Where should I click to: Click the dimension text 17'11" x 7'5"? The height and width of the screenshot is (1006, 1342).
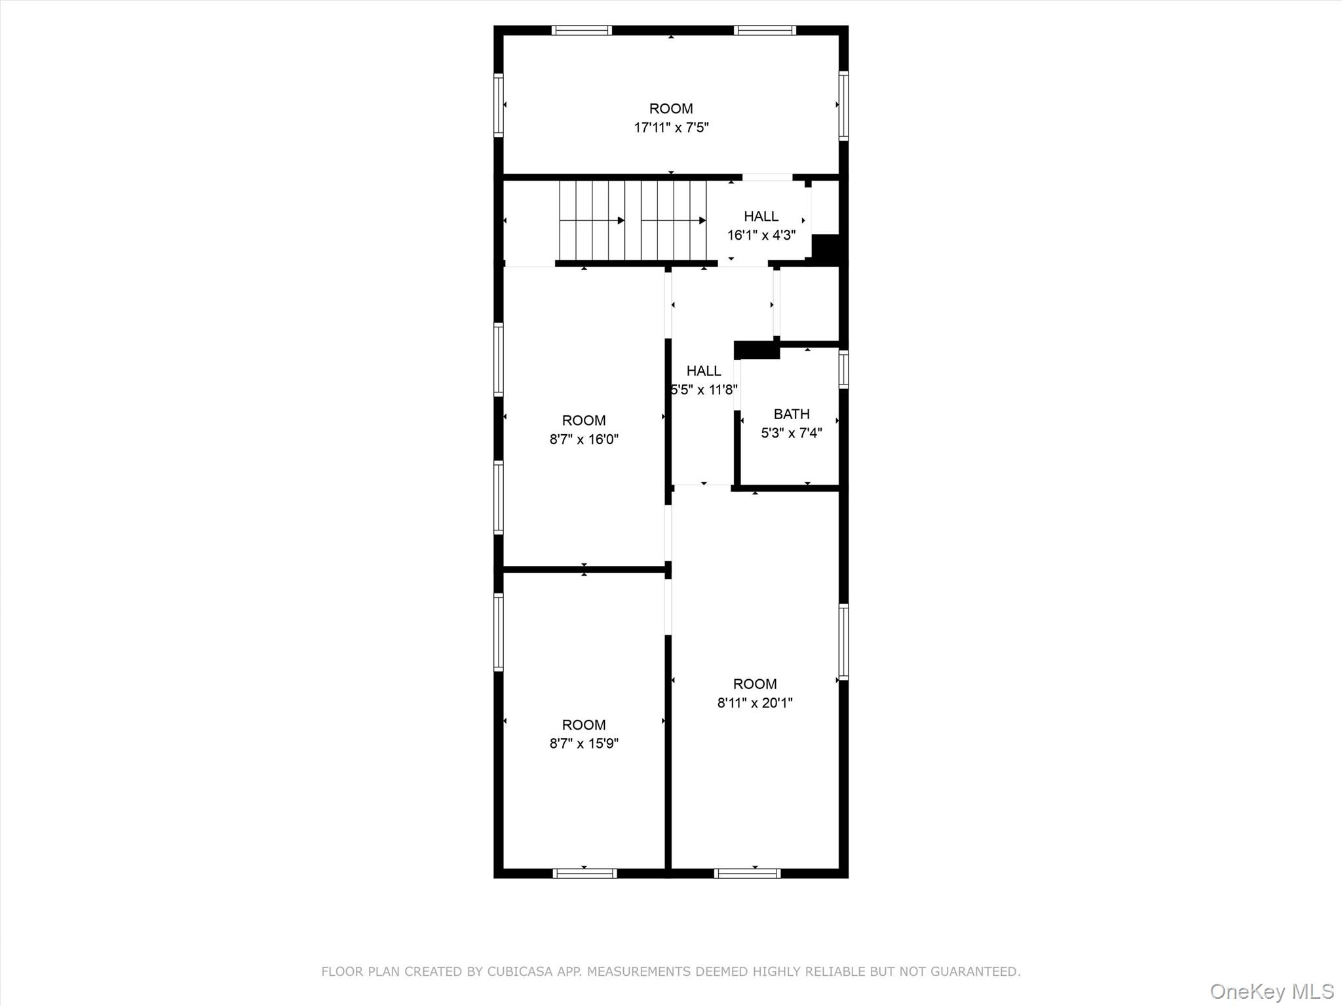(671, 127)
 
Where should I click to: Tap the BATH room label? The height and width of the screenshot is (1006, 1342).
(792, 414)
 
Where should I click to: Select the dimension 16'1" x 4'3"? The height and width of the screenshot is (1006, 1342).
(761, 235)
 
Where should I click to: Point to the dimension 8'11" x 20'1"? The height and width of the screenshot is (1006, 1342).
(755, 703)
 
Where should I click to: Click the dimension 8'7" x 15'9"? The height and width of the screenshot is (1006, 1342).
(584, 743)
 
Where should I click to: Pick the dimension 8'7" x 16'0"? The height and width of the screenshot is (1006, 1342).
(584, 439)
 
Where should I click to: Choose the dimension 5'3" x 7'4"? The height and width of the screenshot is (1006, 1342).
(792, 433)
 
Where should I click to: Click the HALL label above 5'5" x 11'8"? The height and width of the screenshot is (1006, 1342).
(704, 371)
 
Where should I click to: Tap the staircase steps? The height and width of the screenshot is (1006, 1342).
(632, 221)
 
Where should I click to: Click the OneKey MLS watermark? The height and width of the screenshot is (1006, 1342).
(1272, 991)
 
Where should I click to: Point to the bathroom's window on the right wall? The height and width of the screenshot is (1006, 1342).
(844, 369)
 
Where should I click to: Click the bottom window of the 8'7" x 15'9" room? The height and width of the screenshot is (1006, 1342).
(585, 873)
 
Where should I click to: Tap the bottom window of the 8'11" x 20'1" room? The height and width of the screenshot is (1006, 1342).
(747, 873)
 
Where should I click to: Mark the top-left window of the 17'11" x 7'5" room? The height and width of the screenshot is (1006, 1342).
(582, 30)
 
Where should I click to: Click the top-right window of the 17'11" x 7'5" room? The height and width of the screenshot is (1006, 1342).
(765, 30)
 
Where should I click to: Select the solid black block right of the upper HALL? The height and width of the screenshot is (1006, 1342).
(826, 249)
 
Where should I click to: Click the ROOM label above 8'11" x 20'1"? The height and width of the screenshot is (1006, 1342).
(755, 684)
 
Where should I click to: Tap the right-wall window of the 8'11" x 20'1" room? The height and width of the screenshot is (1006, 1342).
(844, 642)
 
